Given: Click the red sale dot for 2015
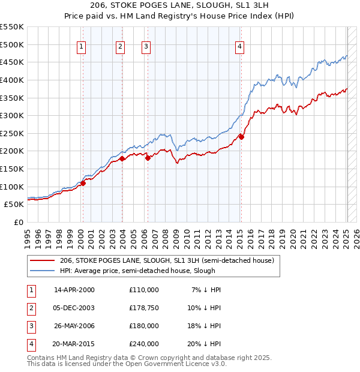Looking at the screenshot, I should [x=241, y=137].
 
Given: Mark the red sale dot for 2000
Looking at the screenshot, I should [x=83, y=183].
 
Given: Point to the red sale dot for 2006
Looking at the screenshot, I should [x=148, y=158].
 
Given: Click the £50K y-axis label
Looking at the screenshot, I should [x=14, y=204].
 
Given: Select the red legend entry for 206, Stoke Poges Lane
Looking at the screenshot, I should [x=166, y=260].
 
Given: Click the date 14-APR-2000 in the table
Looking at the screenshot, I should [x=74, y=289].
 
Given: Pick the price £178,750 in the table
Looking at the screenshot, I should [x=143, y=308].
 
